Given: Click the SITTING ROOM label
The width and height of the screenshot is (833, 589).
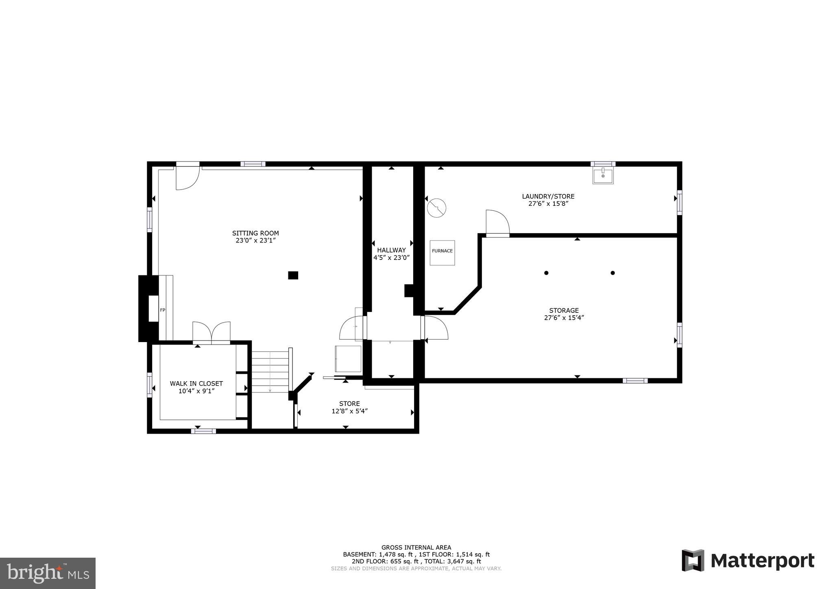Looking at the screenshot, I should click(x=255, y=233).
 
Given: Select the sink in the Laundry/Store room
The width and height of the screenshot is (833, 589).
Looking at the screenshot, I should click(x=603, y=176).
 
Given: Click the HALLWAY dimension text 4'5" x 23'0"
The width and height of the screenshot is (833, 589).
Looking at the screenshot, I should click(x=391, y=257).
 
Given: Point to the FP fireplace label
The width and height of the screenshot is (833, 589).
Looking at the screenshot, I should click(x=162, y=310).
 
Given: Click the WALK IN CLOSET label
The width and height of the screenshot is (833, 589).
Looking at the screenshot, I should click(x=196, y=384).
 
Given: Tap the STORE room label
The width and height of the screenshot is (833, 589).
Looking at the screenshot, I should click(x=349, y=404).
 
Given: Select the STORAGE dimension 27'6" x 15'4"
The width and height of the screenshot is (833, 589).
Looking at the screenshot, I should click(x=564, y=318).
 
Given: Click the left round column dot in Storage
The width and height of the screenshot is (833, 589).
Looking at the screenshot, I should click(x=546, y=273).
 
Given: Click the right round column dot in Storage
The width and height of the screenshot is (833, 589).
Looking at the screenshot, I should click(x=613, y=273).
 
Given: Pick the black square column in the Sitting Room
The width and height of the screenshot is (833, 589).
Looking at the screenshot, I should click(x=293, y=275).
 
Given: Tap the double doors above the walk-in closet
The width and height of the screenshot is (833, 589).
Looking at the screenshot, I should click(x=211, y=332).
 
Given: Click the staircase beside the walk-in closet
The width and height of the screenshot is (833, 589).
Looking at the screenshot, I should click(x=270, y=372).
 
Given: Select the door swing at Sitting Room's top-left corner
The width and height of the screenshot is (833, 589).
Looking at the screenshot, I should click(x=186, y=178).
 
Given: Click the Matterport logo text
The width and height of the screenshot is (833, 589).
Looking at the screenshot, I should click(x=762, y=561).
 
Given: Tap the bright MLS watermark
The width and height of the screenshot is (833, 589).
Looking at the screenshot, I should click(x=48, y=573).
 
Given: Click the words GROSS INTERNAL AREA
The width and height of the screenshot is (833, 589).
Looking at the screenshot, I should click(x=416, y=548).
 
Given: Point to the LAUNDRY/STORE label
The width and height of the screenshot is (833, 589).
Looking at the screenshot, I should click(x=548, y=196).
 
